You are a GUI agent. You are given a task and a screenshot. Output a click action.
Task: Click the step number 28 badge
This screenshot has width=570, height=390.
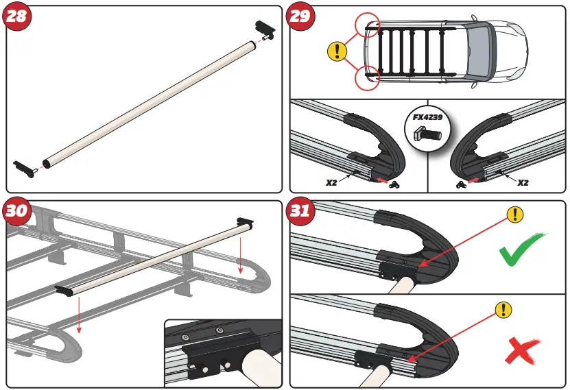(x=18, y=16)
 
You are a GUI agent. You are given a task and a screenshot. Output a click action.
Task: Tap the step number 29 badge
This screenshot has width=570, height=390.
(x=301, y=16)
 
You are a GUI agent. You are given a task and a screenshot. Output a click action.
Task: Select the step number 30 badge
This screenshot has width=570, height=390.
(x=18, y=211)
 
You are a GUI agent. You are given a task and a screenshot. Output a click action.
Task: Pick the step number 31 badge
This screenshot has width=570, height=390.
(x=301, y=211)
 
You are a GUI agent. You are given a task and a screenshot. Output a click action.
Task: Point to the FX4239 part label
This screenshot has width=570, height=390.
(x=427, y=117)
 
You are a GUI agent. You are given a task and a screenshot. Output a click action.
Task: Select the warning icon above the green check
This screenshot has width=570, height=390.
(x=515, y=215)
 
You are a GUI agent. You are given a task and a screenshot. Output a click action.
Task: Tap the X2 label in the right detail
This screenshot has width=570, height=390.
(x=523, y=183)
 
